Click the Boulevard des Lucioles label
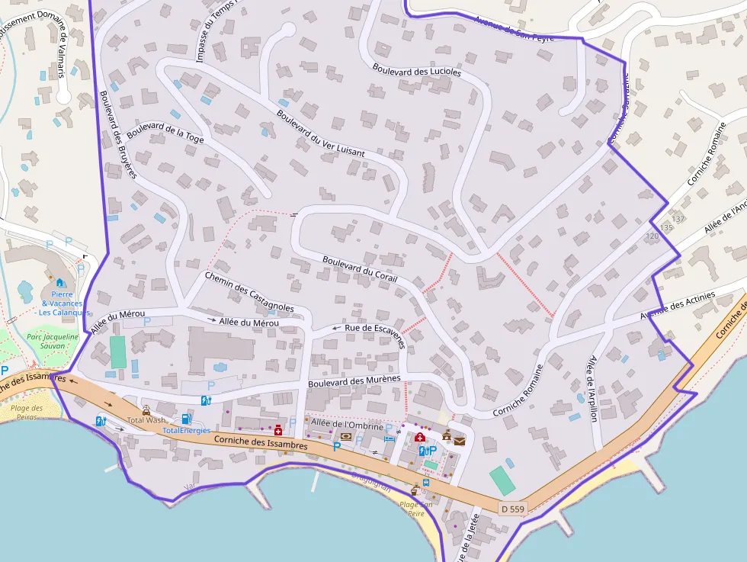tap(417, 71)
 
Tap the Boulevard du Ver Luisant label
tap(320, 134)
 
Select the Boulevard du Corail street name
tap(360, 268)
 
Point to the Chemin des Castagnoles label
tap(249, 291)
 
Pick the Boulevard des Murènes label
tap(354, 381)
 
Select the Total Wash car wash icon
tap(146, 410)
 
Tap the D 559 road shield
tap(514, 508)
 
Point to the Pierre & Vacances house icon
tap(59, 283)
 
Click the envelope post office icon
tap(460, 440)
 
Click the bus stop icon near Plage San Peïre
tap(425, 483)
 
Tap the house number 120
tap(652, 236)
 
